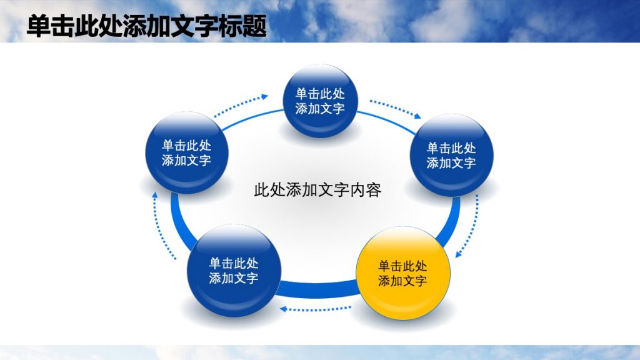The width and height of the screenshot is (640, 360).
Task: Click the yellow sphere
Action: [402, 273]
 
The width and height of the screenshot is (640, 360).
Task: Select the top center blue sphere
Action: [320, 101]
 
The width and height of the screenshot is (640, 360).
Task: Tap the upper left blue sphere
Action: [186, 152]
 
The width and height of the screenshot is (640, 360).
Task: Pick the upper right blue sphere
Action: [451, 155]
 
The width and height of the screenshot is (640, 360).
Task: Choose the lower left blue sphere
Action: [234, 271]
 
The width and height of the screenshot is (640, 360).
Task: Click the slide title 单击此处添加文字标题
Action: [147, 27]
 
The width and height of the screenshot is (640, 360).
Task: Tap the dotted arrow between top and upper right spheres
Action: [395, 108]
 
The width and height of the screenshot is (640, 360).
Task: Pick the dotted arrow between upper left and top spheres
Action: [241, 106]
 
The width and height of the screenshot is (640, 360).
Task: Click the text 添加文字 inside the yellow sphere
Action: [402, 281]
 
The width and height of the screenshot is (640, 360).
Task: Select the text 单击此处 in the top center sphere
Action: [320, 94]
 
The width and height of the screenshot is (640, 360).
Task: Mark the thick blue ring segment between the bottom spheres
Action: [317, 289]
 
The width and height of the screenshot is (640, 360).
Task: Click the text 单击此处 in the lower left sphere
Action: [234, 263]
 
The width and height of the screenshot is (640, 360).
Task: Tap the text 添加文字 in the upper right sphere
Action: [451, 163]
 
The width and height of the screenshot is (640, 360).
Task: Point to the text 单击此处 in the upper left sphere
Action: [186, 145]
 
